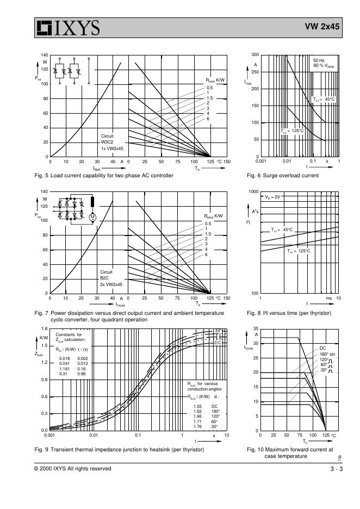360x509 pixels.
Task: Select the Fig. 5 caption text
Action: tap(104, 175)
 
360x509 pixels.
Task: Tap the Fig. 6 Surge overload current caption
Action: tap(282, 175)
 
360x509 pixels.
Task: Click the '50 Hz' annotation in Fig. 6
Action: tap(319, 60)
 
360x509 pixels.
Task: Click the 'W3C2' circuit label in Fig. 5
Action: tap(107, 141)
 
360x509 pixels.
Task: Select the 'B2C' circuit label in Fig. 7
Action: tap(105, 278)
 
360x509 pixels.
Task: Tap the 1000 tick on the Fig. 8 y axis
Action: tap(253, 192)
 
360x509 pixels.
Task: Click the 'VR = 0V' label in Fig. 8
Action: tap(272, 197)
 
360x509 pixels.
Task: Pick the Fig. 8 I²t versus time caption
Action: tap(288, 313)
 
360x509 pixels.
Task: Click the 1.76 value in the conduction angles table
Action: tap(197, 426)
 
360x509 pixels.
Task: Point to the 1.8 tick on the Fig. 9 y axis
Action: tap(43, 329)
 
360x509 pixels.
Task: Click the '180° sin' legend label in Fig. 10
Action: tap(328, 354)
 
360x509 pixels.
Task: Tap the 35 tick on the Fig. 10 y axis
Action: tap(255, 328)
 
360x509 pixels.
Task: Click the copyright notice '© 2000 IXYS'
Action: tap(72, 468)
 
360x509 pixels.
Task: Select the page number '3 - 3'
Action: tap(336, 468)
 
